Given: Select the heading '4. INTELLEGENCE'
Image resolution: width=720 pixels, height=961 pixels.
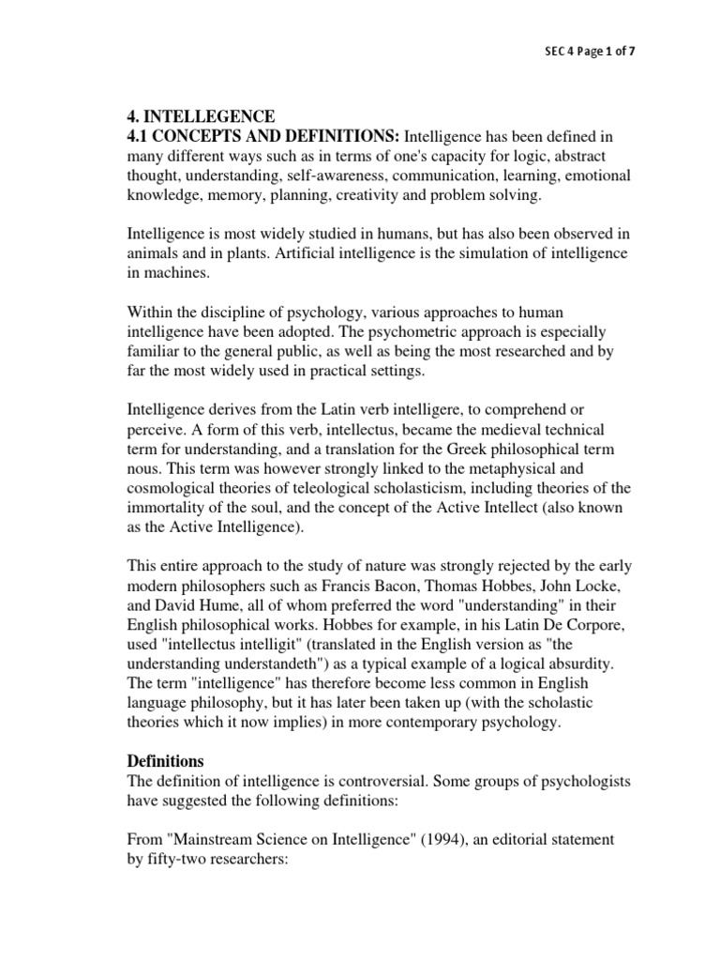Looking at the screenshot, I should [201, 116].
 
